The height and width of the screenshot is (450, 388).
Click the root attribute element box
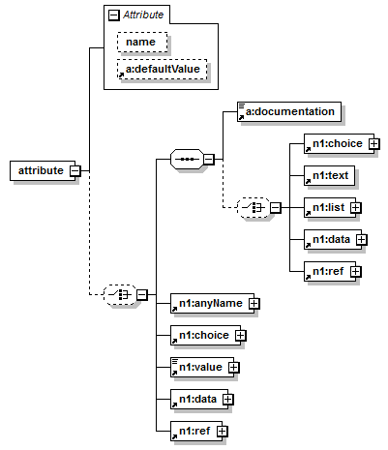[43, 170]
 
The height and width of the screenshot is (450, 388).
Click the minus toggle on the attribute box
[75, 170]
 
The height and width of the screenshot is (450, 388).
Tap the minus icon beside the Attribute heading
[113, 15]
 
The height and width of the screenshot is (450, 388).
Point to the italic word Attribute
[143, 15]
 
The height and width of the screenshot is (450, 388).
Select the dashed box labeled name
[142, 42]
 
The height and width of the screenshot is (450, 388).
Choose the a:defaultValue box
[162, 69]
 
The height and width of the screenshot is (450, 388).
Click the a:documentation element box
[289, 112]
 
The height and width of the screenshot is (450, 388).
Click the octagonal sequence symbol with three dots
[187, 159]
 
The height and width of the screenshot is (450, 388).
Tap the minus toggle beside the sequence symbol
[209, 159]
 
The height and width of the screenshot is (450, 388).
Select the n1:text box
[329, 175]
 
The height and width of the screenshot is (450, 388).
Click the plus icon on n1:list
[356, 207]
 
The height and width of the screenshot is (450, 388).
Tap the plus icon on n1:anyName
[254, 303]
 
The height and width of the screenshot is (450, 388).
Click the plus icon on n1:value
[234, 367]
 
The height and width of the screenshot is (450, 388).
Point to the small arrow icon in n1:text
[308, 181]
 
